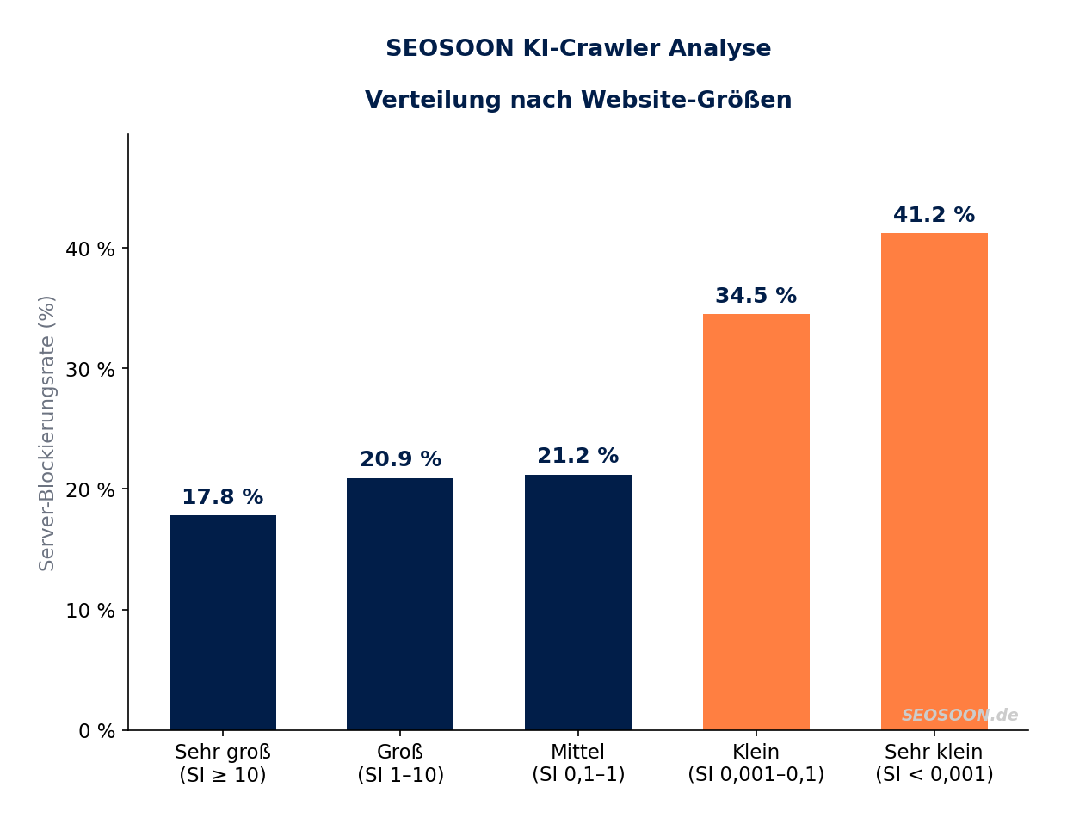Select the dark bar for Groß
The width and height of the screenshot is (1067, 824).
pyautogui.click(x=400, y=604)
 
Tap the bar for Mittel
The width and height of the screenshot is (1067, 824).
pyautogui.click(x=578, y=602)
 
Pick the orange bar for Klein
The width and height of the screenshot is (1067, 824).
pyautogui.click(x=756, y=521)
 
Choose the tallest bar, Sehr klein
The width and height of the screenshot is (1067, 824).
pyautogui.click(x=934, y=482)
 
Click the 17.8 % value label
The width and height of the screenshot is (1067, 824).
pyautogui.click(x=223, y=498)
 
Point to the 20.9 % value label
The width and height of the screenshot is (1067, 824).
pyautogui.click(x=400, y=460)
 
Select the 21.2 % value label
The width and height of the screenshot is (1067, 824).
pyautogui.click(x=578, y=457)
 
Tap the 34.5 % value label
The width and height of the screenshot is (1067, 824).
pyautogui.click(x=756, y=297)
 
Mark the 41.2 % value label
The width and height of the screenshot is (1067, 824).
pyautogui.click(x=934, y=216)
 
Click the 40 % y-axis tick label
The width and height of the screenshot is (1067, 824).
pyautogui.click(x=90, y=249)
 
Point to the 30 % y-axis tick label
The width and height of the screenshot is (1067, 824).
pyautogui.click(x=90, y=370)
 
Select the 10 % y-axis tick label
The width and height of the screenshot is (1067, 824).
pyautogui.click(x=90, y=611)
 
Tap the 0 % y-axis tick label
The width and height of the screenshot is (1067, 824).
pyautogui.click(x=96, y=731)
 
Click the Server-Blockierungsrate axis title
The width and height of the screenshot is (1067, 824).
pyautogui.click(x=47, y=433)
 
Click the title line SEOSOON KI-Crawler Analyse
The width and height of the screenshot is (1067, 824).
pyautogui.click(x=578, y=49)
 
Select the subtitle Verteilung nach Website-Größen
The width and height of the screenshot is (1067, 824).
pyautogui.click(x=578, y=101)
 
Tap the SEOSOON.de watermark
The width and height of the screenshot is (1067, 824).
pyautogui.click(x=959, y=716)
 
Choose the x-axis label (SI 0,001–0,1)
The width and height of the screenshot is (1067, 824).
pyautogui.click(x=756, y=775)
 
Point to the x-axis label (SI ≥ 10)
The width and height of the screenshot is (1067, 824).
pyautogui.click(x=223, y=775)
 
